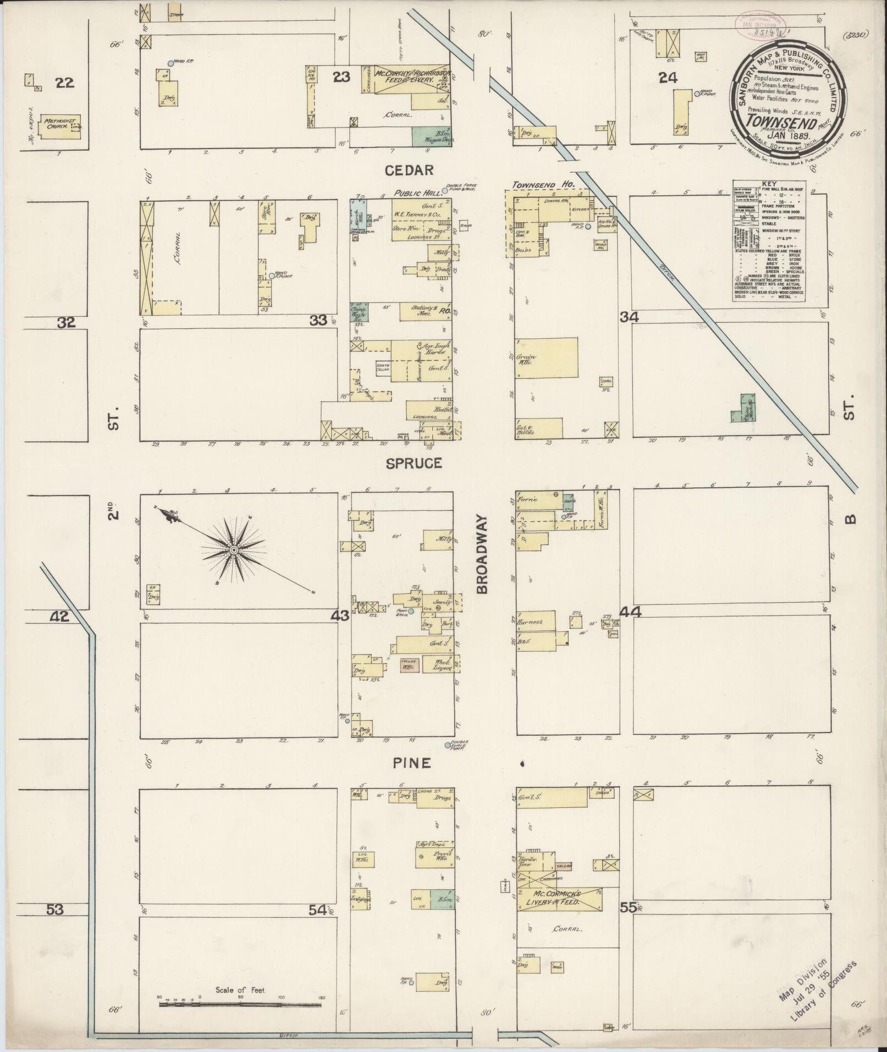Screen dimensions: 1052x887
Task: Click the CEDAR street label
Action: pyautogui.click(x=409, y=170)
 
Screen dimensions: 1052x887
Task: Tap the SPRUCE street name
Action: pyautogui.click(x=414, y=463)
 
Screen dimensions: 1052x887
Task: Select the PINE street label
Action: pyautogui.click(x=411, y=763)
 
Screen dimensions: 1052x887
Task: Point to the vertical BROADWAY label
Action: pyautogui.click(x=482, y=554)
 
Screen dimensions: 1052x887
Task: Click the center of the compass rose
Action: pyautogui.click(x=234, y=550)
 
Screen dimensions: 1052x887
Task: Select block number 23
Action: pyautogui.click(x=341, y=77)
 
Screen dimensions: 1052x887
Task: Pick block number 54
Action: pyautogui.click(x=317, y=910)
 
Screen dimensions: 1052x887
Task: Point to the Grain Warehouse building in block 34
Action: pyautogui.click(x=547, y=357)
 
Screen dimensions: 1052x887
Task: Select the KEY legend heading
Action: pyautogui.click(x=769, y=184)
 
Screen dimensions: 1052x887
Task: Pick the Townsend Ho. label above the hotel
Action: pyautogui.click(x=543, y=185)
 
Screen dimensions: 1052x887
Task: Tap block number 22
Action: pyautogui.click(x=65, y=82)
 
